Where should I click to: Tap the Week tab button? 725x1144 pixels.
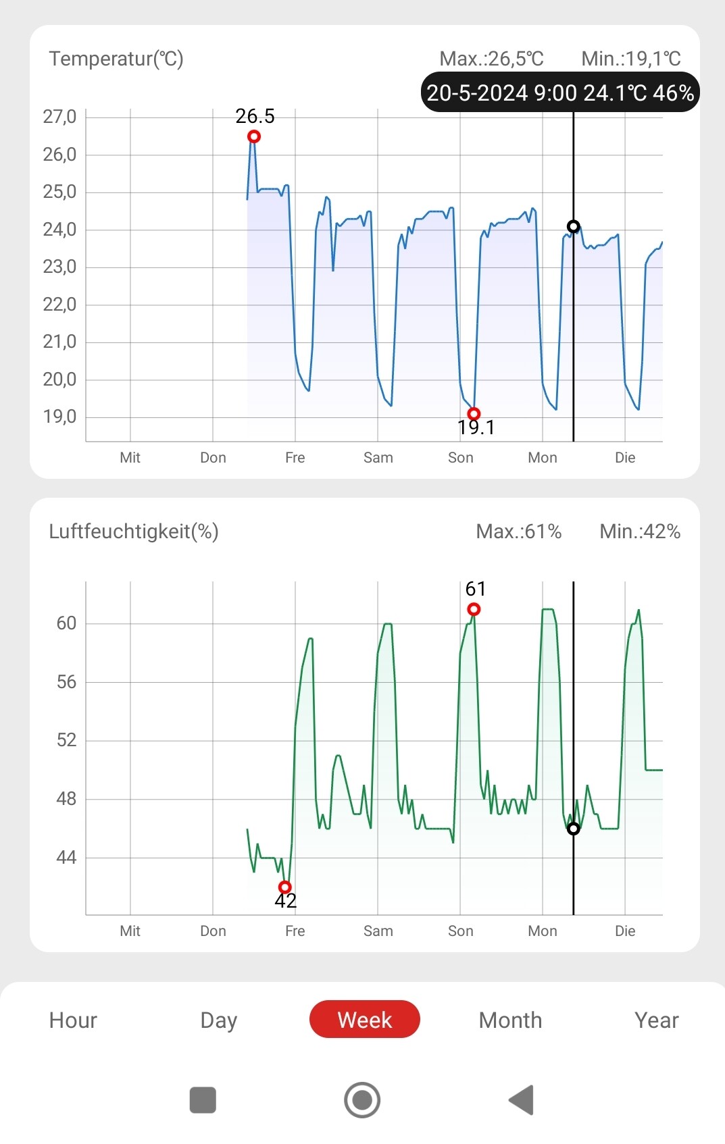click(x=364, y=1019)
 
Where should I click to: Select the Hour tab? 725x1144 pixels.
click(x=73, y=1020)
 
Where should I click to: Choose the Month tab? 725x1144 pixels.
click(x=510, y=1020)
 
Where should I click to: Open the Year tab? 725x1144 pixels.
click(x=656, y=1020)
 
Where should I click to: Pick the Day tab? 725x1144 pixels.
click(x=218, y=1020)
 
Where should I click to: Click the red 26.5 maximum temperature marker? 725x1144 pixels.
click(x=254, y=136)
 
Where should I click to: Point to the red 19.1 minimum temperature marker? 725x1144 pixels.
click(x=474, y=413)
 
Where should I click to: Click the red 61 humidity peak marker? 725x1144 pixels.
click(x=474, y=609)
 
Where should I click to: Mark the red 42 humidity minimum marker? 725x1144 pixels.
click(x=285, y=887)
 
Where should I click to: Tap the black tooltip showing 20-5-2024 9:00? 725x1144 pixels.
click(x=560, y=93)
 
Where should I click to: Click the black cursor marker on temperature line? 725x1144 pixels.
click(x=573, y=226)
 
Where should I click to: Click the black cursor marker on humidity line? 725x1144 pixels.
click(x=573, y=829)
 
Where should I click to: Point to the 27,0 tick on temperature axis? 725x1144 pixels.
click(x=59, y=117)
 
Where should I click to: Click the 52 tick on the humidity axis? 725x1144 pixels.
click(x=66, y=740)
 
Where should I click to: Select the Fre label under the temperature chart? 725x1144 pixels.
click(x=295, y=458)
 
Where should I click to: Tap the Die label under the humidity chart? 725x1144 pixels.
click(x=625, y=931)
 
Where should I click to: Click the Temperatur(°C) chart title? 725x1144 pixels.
click(x=116, y=59)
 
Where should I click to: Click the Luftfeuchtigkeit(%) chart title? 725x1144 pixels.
click(x=134, y=531)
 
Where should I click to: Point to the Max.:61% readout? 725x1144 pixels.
click(x=519, y=531)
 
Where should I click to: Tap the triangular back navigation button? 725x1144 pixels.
click(x=522, y=1099)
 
